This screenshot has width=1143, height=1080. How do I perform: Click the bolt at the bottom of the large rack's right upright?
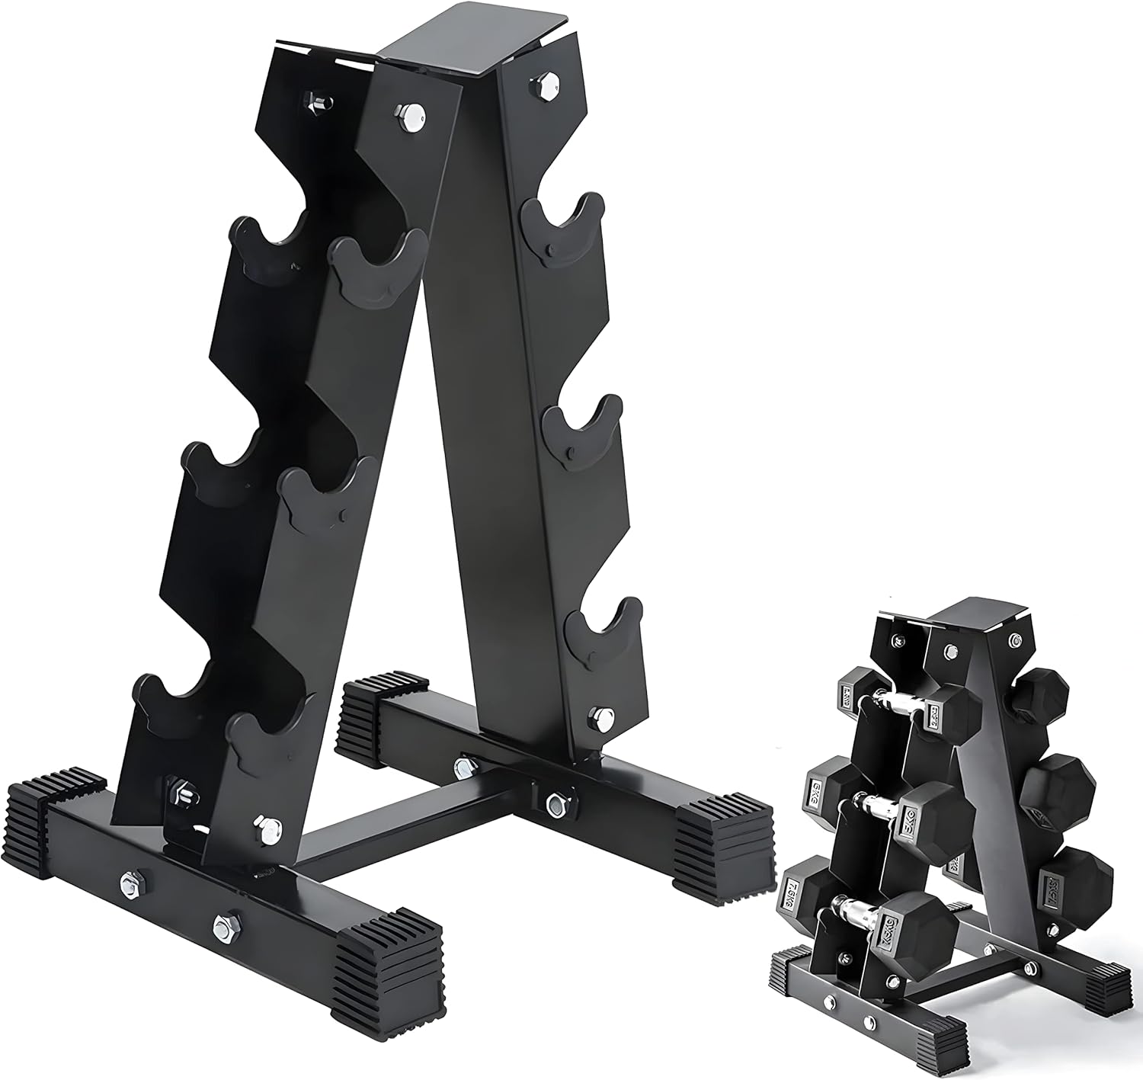601,717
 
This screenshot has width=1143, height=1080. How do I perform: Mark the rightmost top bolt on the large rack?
545,84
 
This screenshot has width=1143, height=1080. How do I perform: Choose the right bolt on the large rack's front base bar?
226,926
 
